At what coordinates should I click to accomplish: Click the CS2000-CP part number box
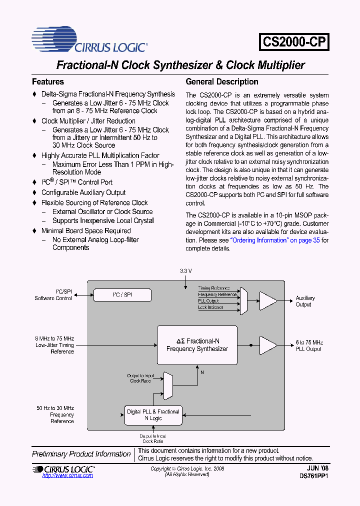(294, 42)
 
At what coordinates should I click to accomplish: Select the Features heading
(48, 81)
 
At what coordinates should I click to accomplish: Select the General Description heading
(222, 81)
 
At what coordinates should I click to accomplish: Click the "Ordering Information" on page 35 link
(274, 240)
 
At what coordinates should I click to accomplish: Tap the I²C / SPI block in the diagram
(122, 295)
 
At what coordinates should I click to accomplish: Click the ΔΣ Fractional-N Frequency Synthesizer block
(197, 345)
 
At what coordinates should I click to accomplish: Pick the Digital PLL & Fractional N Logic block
(152, 414)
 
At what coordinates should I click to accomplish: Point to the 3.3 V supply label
(185, 270)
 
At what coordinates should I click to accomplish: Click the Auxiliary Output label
(305, 301)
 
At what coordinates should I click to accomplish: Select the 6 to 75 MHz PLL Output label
(309, 345)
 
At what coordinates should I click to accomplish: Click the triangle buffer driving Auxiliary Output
(268, 300)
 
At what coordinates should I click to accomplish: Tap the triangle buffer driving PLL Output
(268, 345)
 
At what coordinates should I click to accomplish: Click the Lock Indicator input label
(210, 307)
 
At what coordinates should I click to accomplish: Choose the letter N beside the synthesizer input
(202, 372)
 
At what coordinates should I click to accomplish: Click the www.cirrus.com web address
(67, 475)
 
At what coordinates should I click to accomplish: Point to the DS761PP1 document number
(313, 476)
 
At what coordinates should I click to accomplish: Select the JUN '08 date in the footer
(318, 468)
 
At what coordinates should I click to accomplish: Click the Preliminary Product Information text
(81, 454)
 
